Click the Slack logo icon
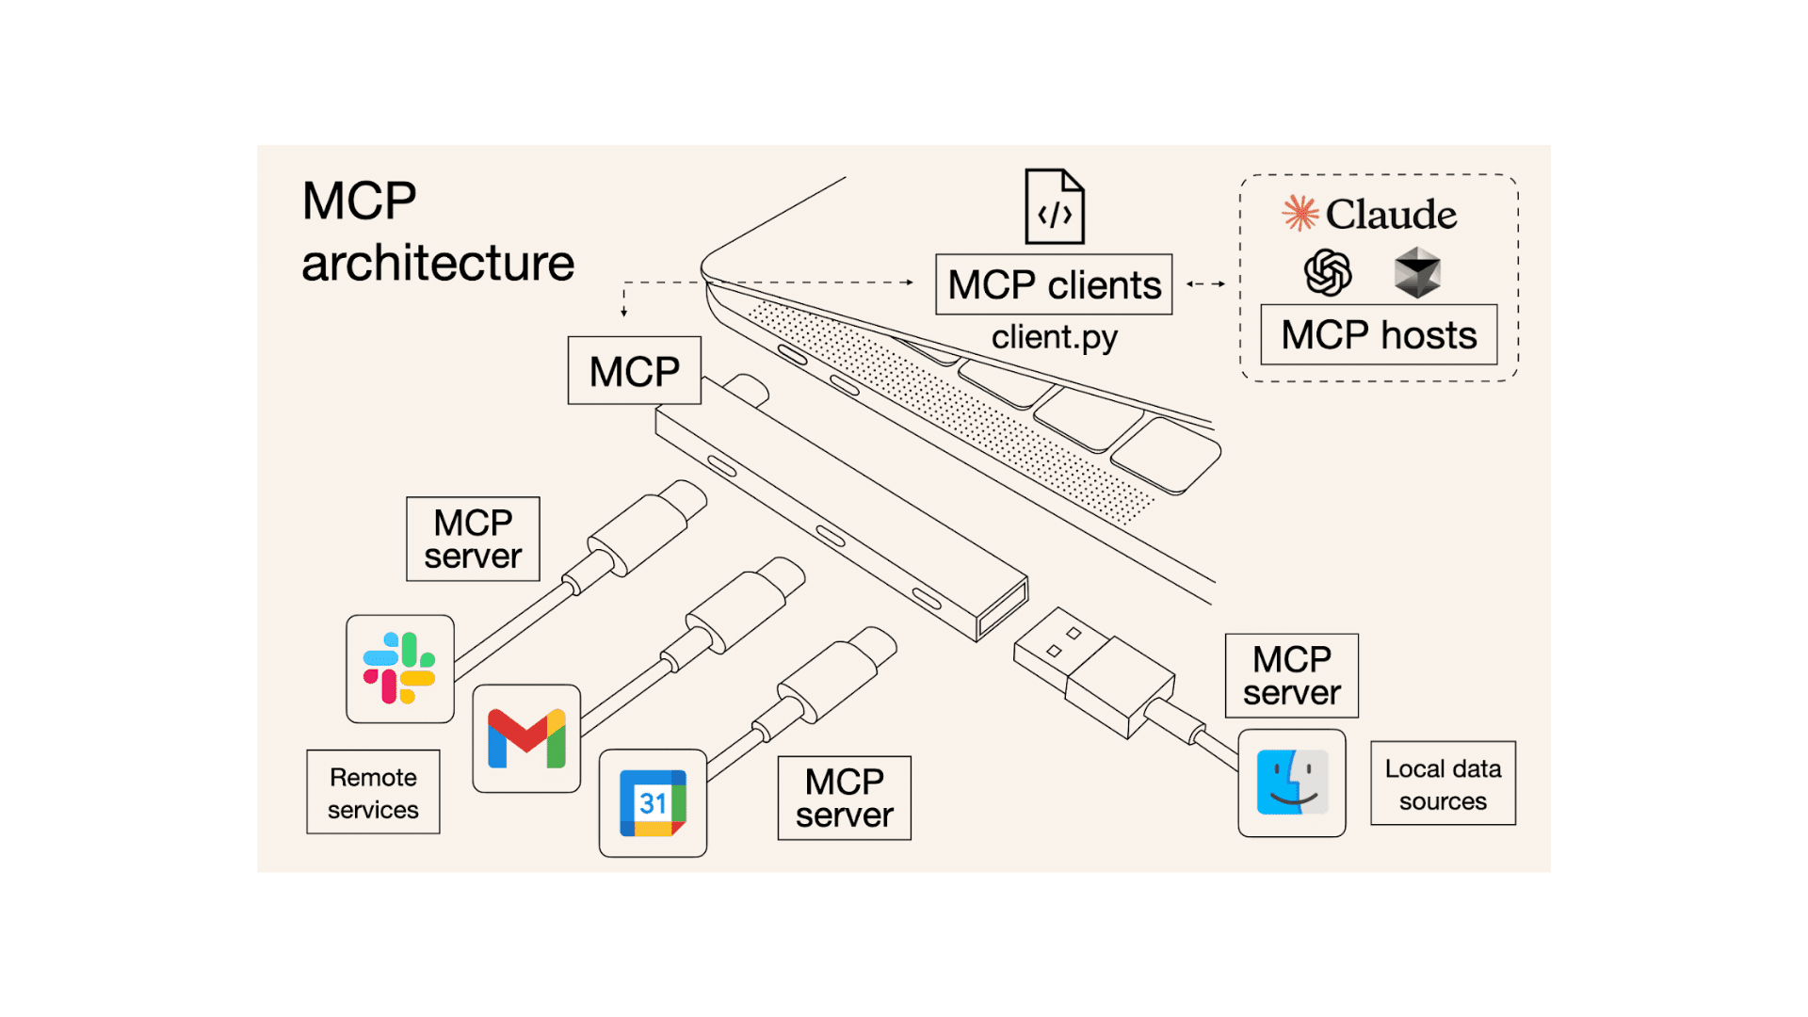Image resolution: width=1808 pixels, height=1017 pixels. point(399,669)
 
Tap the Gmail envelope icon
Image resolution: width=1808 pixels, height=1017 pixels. point(526,738)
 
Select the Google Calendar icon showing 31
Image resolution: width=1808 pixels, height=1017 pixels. point(653,803)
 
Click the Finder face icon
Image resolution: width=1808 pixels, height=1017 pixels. point(1292,783)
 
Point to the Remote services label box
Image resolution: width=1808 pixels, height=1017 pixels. point(373,793)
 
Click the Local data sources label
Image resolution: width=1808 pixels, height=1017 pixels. point(1443,784)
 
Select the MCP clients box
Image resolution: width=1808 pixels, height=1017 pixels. point(1054,284)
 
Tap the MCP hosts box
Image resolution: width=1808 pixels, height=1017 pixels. point(1379,335)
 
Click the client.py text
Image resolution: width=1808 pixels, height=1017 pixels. point(1054,337)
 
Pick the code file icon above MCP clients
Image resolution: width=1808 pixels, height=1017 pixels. point(1055,207)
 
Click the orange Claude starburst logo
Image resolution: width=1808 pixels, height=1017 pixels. point(1300,214)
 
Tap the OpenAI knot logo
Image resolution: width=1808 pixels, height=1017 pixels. point(1328,273)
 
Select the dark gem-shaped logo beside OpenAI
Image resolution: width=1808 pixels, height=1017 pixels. point(1417,273)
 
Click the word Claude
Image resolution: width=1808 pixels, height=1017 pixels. point(1391,215)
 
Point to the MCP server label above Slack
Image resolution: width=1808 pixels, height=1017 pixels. point(473,540)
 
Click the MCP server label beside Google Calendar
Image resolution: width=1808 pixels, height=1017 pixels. point(844,799)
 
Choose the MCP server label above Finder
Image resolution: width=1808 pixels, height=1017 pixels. point(1291,676)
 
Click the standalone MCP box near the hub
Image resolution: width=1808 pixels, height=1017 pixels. point(635,371)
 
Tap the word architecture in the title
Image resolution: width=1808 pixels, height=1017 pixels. point(438,263)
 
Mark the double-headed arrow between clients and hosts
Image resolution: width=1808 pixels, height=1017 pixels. point(1205,283)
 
